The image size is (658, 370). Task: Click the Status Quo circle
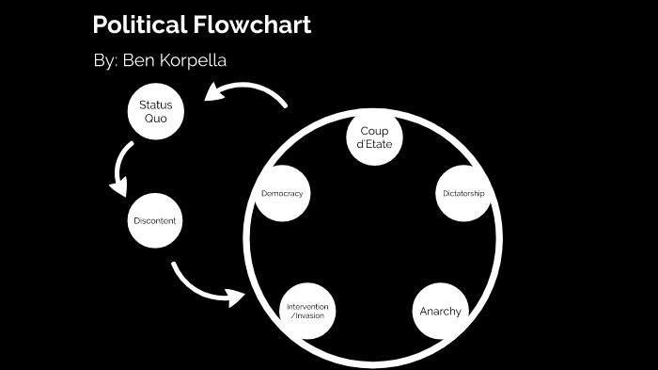pyautogui.click(x=155, y=111)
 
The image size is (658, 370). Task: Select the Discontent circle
pyautogui.click(x=154, y=220)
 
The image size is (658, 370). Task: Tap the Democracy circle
pyautogui.click(x=284, y=194)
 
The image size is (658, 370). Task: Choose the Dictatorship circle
pyautogui.click(x=463, y=194)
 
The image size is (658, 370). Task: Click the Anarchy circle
pyautogui.click(x=440, y=311)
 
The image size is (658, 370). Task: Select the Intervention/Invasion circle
pyautogui.click(x=309, y=311)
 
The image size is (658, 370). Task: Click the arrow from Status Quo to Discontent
pyautogui.click(x=122, y=169)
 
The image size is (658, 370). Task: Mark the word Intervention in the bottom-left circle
pyautogui.click(x=309, y=307)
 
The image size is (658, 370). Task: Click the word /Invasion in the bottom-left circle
pyautogui.click(x=309, y=316)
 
